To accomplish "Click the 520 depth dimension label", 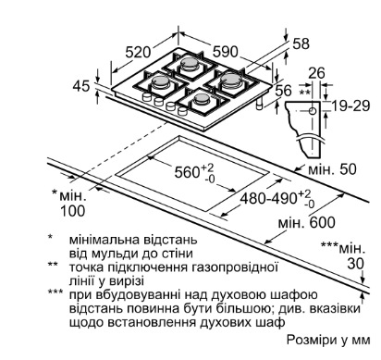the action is coord(138,52).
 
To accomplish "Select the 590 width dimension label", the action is coord(226,52).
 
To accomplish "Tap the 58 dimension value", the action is coord(301,43).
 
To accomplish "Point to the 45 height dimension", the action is coord(81,86).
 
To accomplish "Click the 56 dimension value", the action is coord(283,91).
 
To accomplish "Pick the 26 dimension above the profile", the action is coord(316,73).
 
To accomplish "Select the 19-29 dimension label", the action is coord(350,106).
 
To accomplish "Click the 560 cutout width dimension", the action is coord(194,171).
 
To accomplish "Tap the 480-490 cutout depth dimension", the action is coord(277,198).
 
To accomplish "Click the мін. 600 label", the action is coord(306,223).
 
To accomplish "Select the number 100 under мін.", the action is coord(72,211).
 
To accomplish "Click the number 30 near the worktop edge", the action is coord(356,264).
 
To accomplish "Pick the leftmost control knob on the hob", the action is coord(146,97).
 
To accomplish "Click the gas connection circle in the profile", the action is coord(313,111).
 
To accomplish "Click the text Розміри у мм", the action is coord(328,340).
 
